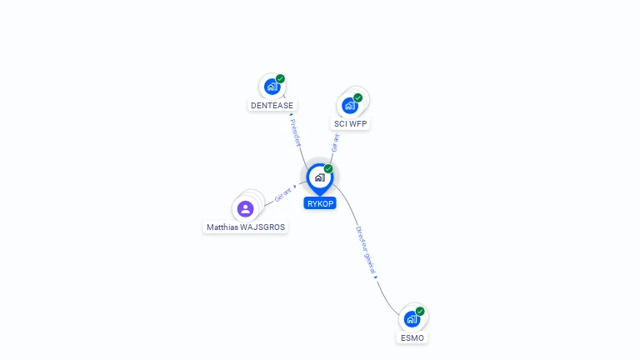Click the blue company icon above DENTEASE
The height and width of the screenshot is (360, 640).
tap(272, 87)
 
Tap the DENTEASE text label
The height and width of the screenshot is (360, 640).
tap(272, 105)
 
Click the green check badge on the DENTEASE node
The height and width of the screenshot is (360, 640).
tap(280, 79)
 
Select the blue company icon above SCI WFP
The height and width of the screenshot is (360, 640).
tap(350, 105)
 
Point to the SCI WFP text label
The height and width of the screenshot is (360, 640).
tap(350, 123)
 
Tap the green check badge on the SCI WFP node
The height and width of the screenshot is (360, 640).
tap(358, 98)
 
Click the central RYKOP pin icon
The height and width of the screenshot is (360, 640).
tap(320, 179)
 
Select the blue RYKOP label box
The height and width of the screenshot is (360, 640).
tap(320, 203)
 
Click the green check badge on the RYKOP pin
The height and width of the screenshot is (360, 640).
tap(328, 168)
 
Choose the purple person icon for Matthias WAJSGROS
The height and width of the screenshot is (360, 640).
tap(245, 209)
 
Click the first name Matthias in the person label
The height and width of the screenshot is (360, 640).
tap(222, 227)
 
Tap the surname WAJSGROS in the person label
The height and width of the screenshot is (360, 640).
tap(262, 227)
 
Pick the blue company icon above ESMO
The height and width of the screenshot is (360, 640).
tap(412, 319)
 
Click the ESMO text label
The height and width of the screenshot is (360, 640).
tap(412, 338)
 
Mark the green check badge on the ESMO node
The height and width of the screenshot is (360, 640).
tap(420, 312)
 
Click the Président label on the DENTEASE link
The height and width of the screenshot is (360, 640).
tap(296, 132)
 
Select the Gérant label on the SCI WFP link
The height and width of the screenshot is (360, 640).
tap(336, 143)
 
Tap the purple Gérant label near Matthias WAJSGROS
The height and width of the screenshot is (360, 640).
tap(282, 195)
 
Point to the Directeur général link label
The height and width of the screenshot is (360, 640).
tap(365, 250)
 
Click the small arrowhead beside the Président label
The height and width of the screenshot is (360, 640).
tap(292, 115)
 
